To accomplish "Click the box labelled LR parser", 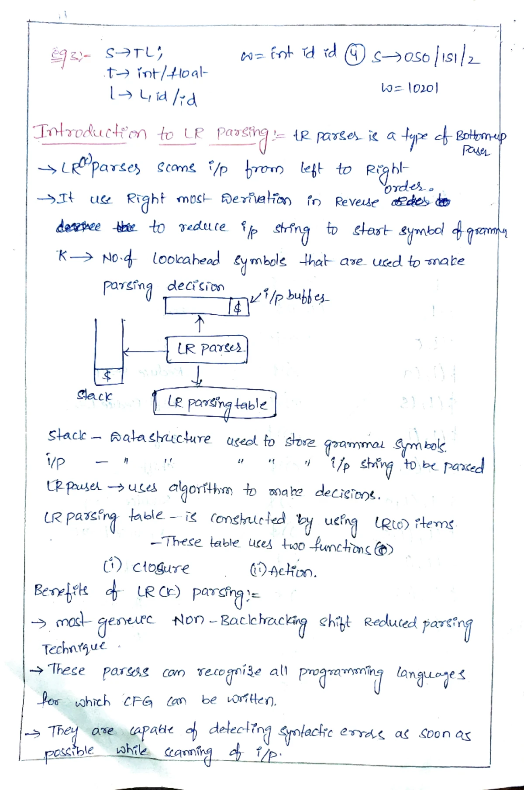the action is (x=207, y=349).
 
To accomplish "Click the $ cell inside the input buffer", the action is (x=238, y=308).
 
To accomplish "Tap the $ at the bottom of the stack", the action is (x=107, y=376).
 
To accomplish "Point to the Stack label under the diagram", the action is (x=94, y=396).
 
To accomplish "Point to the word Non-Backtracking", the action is (x=240, y=621).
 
